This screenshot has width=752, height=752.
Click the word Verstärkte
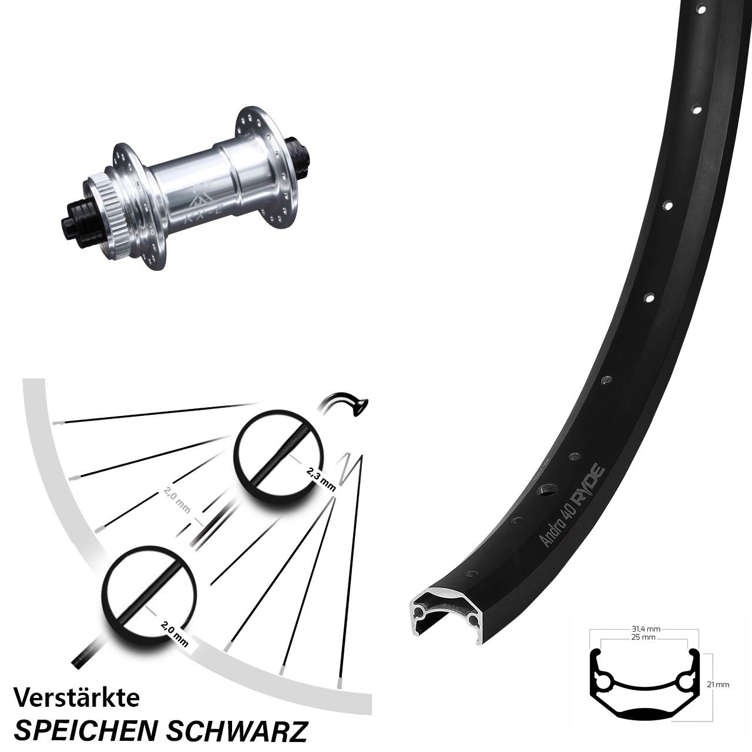[x=76, y=699]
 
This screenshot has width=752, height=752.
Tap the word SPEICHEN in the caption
[x=85, y=731]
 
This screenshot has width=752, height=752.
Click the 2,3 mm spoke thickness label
[x=321, y=477]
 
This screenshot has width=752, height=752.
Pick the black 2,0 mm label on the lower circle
[x=174, y=634]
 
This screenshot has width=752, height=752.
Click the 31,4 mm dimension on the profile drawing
[x=644, y=629]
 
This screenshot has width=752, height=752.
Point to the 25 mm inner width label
[x=644, y=637]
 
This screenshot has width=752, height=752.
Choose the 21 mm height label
[x=719, y=684]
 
